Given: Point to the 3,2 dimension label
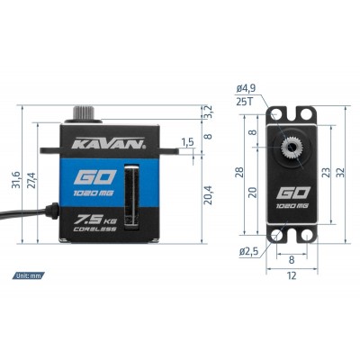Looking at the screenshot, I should [206, 110].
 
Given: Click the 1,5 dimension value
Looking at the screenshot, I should [187, 142].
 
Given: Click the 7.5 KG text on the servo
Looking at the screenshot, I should [92, 219].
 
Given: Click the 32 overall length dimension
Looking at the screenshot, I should [351, 170].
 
